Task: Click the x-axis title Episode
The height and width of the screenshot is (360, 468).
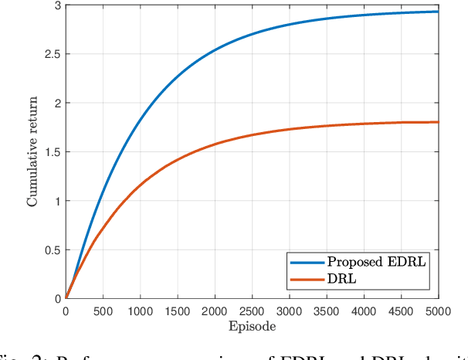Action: pos(252,327)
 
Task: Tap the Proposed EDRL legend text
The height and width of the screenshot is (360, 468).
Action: pos(377,262)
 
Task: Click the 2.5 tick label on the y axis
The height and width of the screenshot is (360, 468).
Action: pos(52,54)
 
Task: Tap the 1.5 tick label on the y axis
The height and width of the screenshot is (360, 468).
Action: pos(52,152)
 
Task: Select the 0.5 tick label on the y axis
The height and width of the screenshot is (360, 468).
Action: pos(52,250)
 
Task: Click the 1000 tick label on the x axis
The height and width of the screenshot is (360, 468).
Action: pos(140,311)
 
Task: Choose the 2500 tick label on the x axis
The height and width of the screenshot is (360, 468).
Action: pos(252,311)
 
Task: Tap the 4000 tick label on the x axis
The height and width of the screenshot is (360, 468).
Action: pos(364,311)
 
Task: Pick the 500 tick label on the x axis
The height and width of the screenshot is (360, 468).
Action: pos(103,311)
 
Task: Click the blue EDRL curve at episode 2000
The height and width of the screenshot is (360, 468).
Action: pos(215,51)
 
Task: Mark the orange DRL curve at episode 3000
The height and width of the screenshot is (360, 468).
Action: pos(290,129)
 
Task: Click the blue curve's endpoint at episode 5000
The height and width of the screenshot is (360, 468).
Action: pos(438,12)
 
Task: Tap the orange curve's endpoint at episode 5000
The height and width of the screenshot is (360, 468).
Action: pos(438,122)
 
